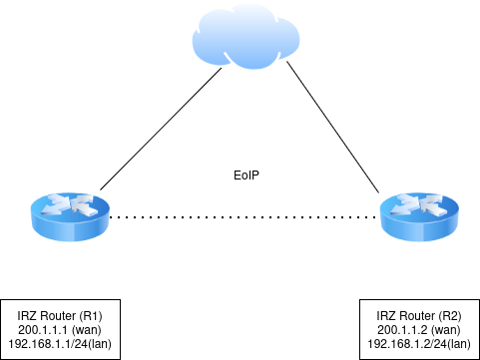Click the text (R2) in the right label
(x=451, y=315)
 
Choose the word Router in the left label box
(x=57, y=315)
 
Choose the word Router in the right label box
(x=416, y=315)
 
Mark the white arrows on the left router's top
(x=71, y=207)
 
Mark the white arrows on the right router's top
(x=420, y=207)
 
